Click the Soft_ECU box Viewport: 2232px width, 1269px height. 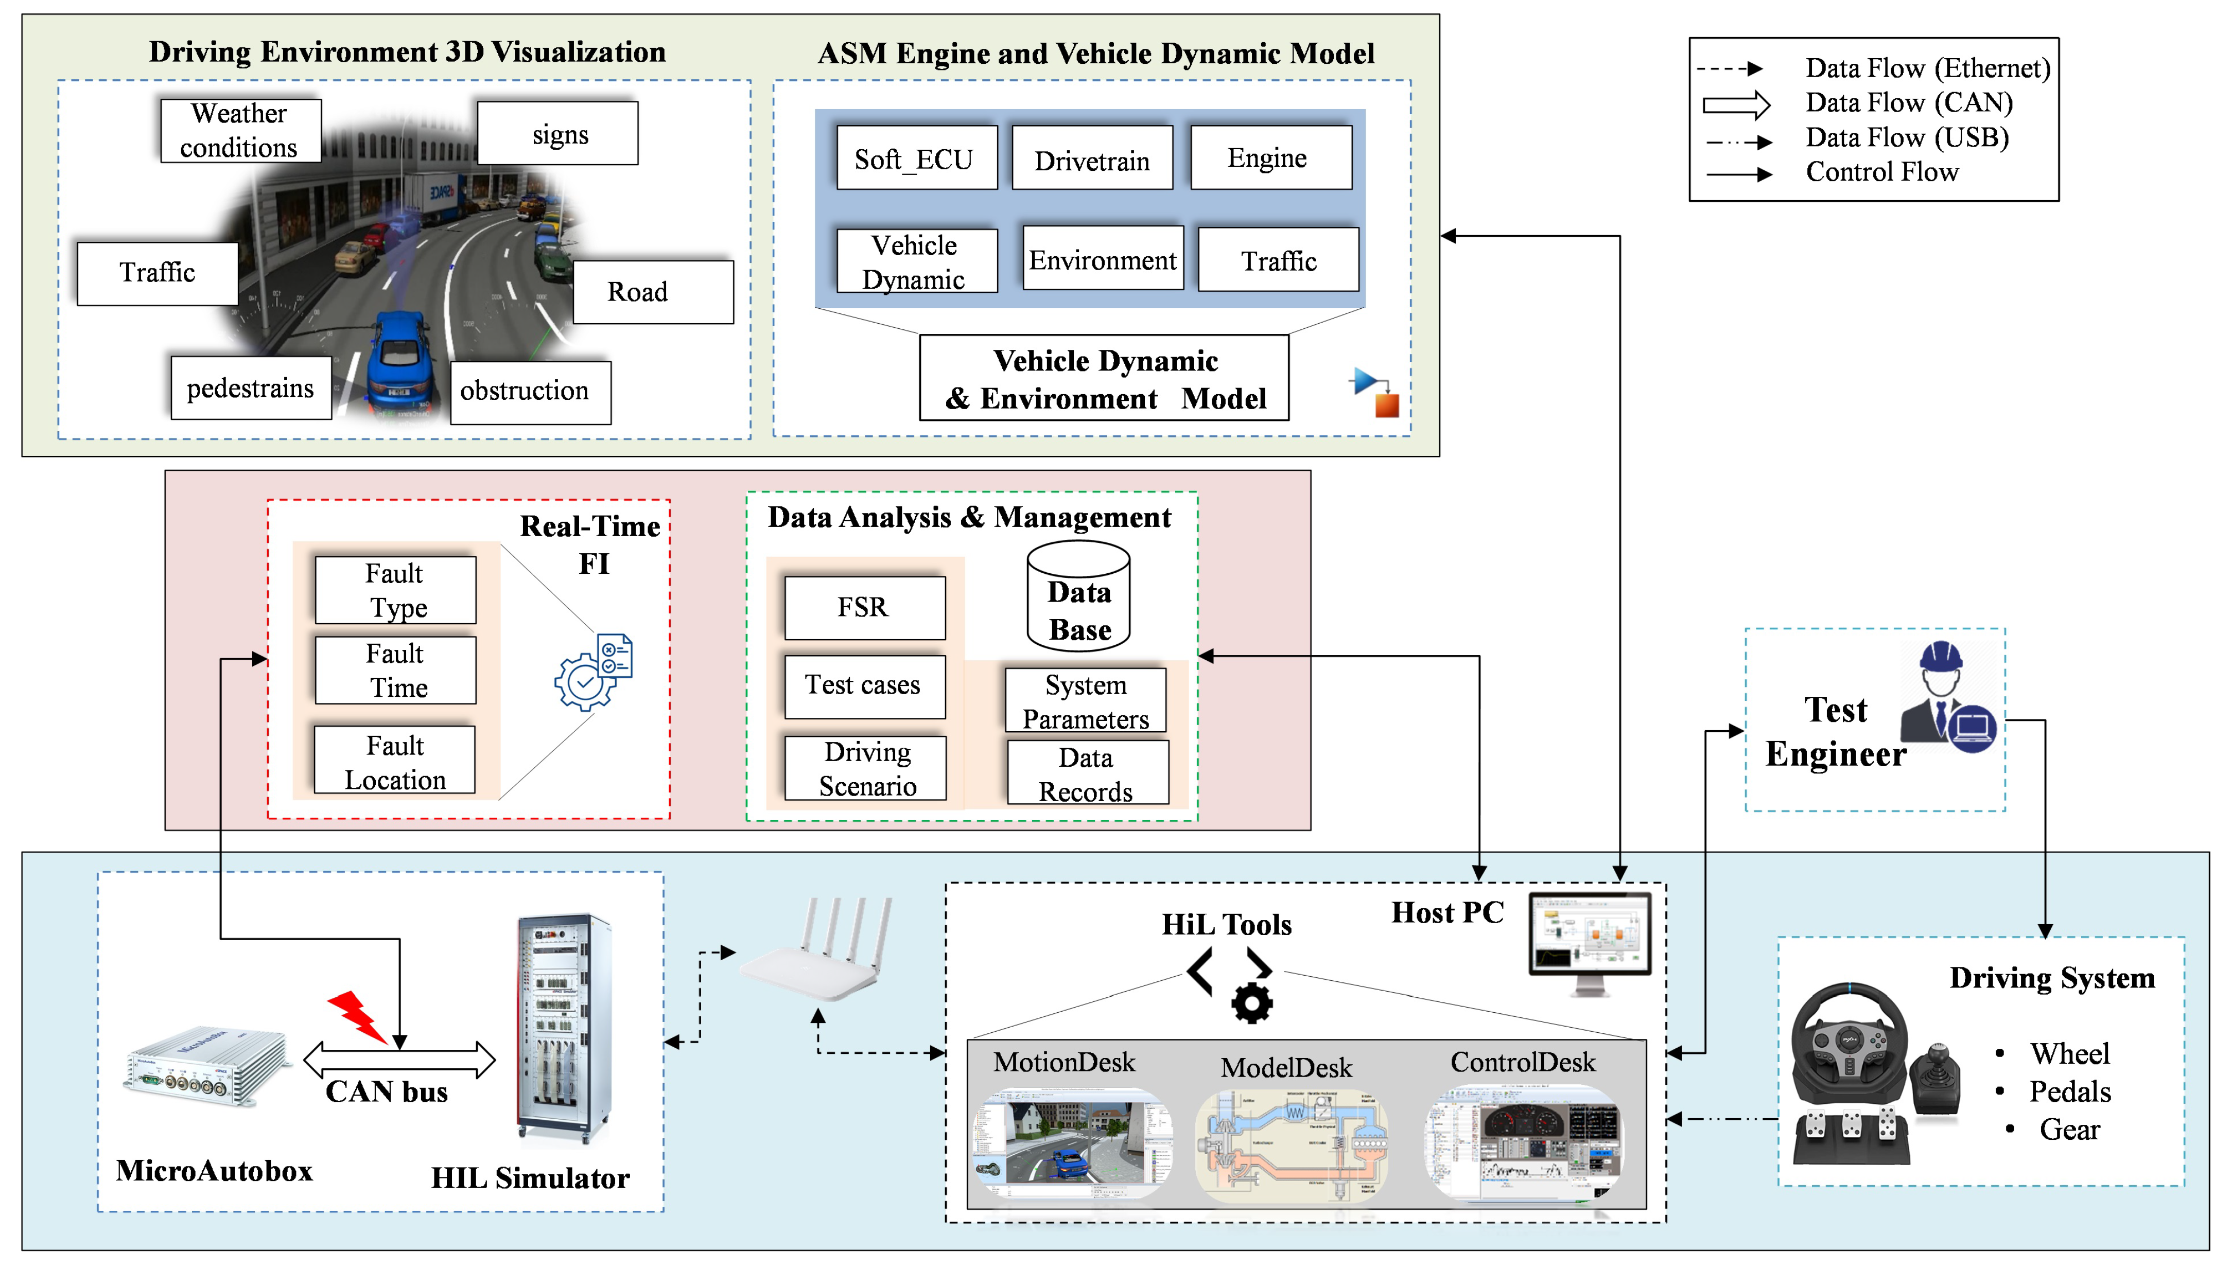click(916, 158)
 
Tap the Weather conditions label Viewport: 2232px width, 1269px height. click(240, 130)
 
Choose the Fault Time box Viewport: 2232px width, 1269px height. click(396, 670)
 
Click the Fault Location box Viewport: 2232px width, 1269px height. click(395, 761)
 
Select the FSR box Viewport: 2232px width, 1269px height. click(864, 607)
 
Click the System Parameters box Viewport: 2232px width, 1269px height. click(1086, 701)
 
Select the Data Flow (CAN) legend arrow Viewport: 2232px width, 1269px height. click(1736, 104)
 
